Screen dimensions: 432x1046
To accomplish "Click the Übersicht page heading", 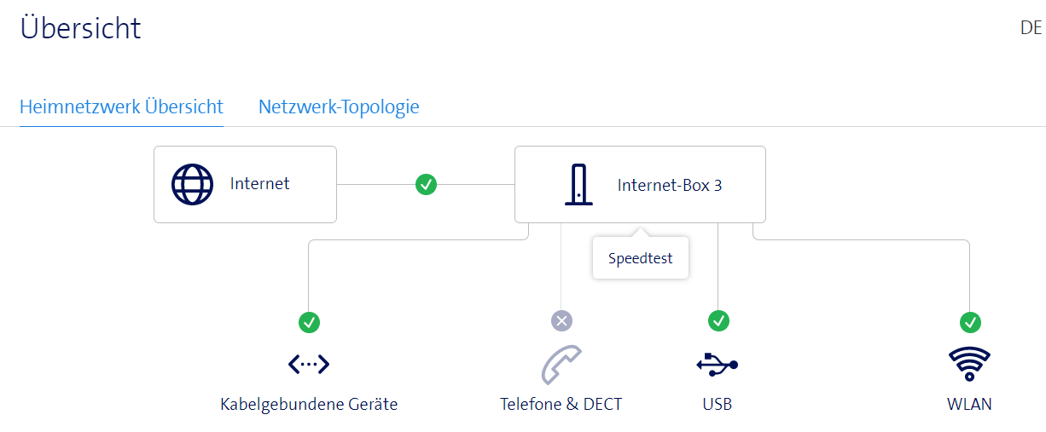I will [x=80, y=28].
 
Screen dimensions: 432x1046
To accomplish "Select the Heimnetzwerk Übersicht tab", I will [x=121, y=107].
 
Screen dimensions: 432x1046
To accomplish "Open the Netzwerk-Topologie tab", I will [x=339, y=107].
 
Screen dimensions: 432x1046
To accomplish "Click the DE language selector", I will [x=1031, y=28].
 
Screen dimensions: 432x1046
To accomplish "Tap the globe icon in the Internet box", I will [x=192, y=184].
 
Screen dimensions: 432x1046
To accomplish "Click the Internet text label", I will [x=259, y=183].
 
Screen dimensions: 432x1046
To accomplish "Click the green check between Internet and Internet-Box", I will [x=426, y=184].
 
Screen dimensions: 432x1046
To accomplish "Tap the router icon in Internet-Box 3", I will [x=578, y=184].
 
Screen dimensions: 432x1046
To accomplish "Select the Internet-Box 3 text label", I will [x=670, y=185].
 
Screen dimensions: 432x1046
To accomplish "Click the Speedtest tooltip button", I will [x=640, y=258].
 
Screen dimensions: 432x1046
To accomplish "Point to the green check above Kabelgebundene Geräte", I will [x=309, y=322].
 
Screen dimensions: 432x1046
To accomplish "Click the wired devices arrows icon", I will [x=309, y=365].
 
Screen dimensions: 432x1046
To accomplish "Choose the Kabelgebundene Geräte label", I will [x=309, y=404].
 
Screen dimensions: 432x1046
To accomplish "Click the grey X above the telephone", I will [x=561, y=321].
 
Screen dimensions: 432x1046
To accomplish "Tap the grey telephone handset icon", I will [x=561, y=365].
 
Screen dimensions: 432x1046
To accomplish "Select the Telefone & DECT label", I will [x=561, y=404].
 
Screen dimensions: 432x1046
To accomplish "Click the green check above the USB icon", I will [x=718, y=321].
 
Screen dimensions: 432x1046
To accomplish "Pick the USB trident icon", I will [x=717, y=365].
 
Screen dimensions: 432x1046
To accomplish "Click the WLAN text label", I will [x=969, y=404].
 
